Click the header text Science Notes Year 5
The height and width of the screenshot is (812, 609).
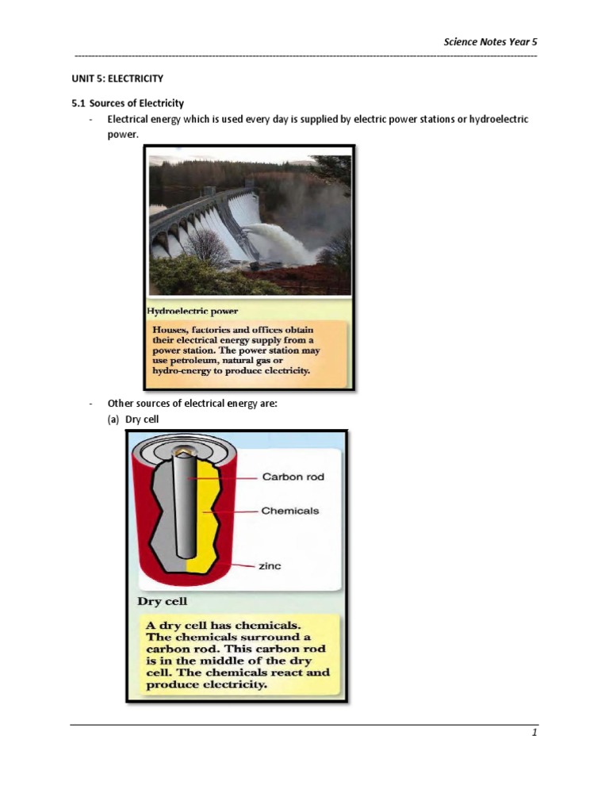(x=490, y=42)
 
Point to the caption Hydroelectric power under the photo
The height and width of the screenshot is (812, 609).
(x=193, y=310)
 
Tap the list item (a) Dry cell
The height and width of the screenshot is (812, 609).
(x=133, y=419)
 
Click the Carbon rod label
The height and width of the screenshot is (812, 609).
(x=293, y=477)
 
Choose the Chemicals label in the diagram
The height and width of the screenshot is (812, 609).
(x=289, y=511)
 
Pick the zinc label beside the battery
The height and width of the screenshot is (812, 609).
(x=270, y=566)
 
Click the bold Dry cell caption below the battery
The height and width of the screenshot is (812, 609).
(x=162, y=602)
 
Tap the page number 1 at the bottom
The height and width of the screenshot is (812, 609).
(x=534, y=733)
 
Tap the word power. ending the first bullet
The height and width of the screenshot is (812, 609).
(x=123, y=135)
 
